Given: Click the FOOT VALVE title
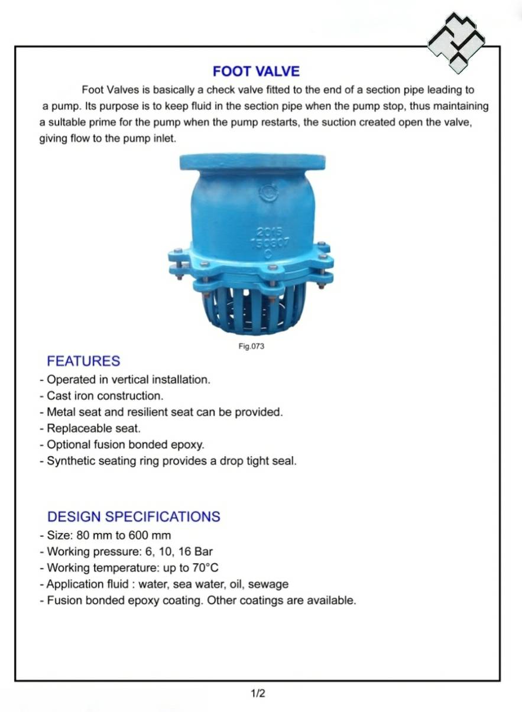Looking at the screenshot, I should point(256,71).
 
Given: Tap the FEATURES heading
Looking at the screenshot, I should point(83,361).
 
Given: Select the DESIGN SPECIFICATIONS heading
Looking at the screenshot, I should point(134,516).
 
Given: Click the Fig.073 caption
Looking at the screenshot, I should point(251,346).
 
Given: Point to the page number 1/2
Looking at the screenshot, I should point(258,694).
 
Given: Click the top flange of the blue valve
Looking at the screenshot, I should point(252,162).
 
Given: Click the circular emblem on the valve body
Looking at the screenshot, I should point(269,193).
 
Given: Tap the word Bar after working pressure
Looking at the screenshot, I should point(203,552).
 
